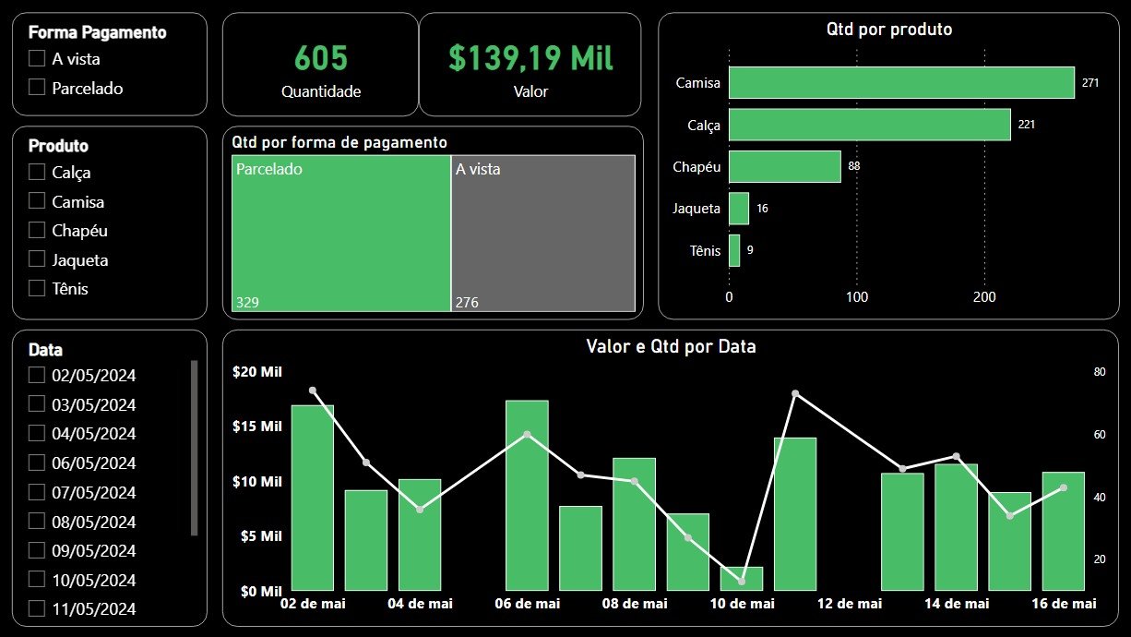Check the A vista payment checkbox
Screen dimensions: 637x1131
[37, 58]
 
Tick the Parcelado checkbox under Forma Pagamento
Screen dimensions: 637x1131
[37, 88]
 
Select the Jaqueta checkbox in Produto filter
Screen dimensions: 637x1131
[37, 259]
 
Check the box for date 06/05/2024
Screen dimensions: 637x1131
[37, 463]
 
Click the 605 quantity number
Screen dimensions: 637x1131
[321, 59]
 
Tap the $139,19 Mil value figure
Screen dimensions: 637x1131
[530, 59]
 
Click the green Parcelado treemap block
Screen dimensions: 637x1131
[340, 234]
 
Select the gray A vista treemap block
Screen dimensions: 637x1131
[543, 234]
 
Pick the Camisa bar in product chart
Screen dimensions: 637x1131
[901, 82]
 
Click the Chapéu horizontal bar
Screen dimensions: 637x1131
[784, 166]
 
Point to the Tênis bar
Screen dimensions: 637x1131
[734, 250]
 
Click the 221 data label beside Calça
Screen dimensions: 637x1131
[1027, 124]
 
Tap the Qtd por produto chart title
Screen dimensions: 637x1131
[889, 30]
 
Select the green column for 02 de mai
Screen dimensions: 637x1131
[313, 498]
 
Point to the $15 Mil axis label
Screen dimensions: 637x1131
[257, 427]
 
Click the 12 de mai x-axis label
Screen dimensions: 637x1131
[850, 604]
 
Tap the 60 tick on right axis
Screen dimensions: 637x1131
[1099, 435]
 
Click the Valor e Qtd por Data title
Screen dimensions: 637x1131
[671, 347]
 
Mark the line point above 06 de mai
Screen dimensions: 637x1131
[527, 435]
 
